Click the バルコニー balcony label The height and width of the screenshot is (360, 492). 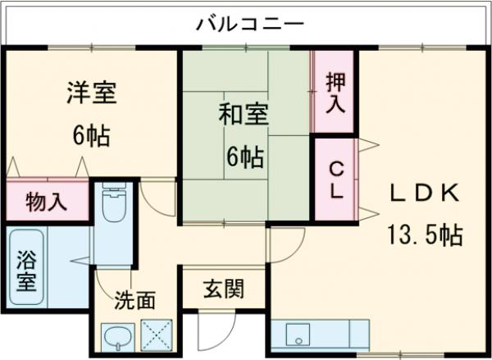tap(249, 23)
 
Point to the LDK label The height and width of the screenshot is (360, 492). tap(422, 194)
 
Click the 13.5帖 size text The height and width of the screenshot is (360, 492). tap(424, 236)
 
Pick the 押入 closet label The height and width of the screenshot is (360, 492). tap(335, 92)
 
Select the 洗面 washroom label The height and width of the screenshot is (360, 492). tap(135, 301)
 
